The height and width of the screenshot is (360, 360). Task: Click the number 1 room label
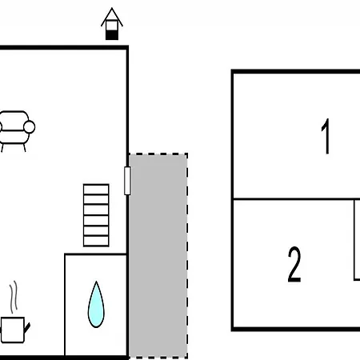click(326, 136)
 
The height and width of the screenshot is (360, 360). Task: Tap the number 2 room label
click(294, 264)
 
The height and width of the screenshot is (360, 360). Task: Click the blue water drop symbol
click(96, 304)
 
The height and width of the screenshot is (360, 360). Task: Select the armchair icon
click(16, 131)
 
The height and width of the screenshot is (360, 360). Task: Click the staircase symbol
click(96, 215)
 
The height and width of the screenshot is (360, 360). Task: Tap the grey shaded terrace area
click(158, 256)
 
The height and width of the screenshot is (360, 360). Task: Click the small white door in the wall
click(127, 181)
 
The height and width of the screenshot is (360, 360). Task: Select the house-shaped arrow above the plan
click(112, 24)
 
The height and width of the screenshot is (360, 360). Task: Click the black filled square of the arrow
click(112, 35)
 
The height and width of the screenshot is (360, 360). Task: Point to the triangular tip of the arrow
click(112, 8)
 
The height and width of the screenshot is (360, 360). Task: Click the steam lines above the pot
click(14, 297)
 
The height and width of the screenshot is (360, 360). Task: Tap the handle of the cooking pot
click(27, 328)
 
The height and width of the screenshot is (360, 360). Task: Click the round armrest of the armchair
click(30, 127)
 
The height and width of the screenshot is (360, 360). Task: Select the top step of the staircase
click(96, 190)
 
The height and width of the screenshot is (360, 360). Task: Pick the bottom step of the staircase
click(96, 242)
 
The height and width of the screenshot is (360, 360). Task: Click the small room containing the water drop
click(95, 305)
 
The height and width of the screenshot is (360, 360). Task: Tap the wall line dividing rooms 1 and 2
click(297, 199)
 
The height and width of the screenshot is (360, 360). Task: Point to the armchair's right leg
click(25, 148)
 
